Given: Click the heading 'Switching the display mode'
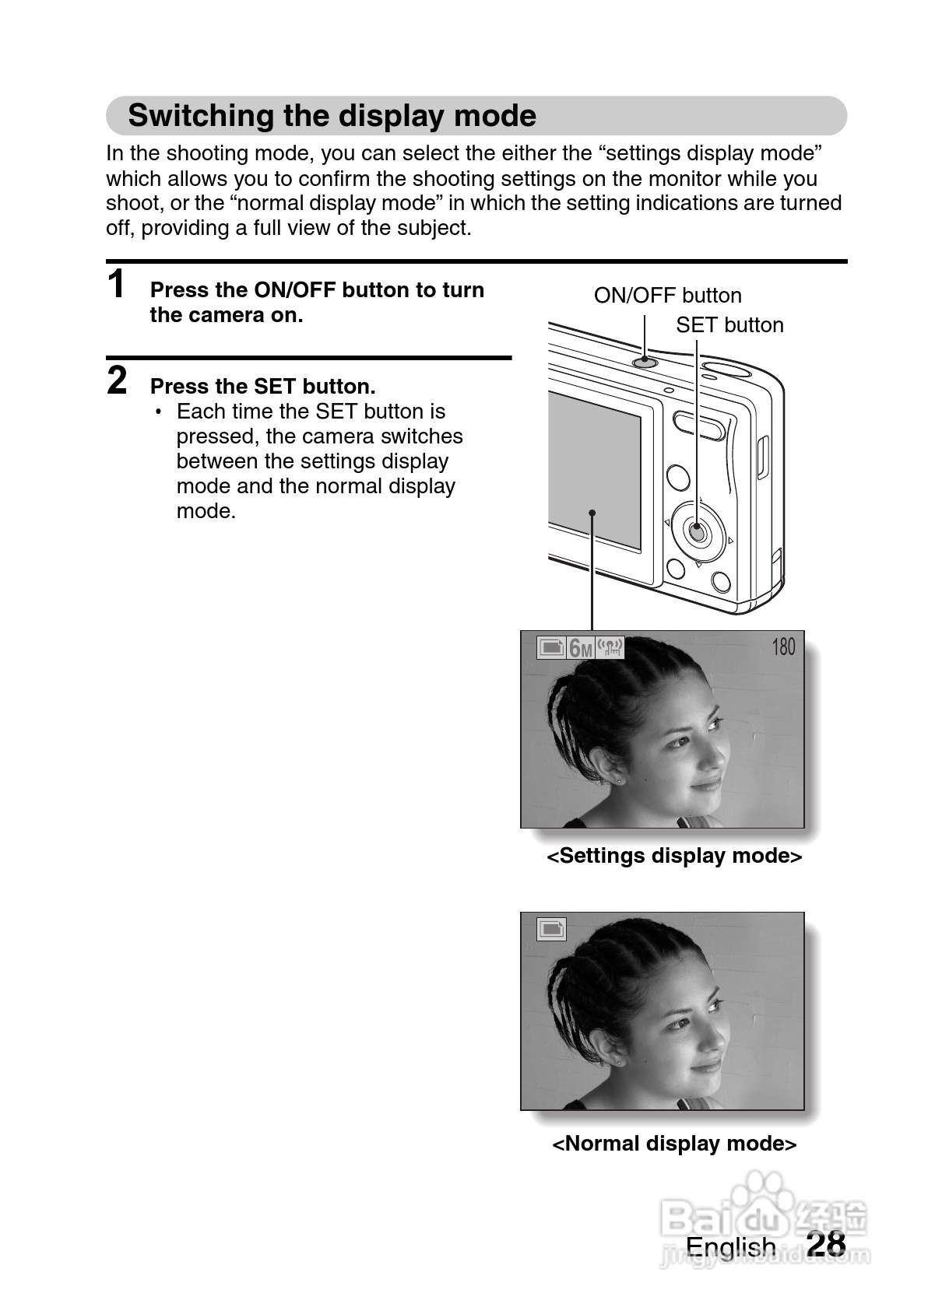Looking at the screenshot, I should (332, 116).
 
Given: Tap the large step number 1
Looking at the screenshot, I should (117, 284).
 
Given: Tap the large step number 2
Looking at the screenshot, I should (117, 380).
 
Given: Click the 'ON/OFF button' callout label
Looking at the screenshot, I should (667, 296).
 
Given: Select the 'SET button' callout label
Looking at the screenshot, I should (729, 325).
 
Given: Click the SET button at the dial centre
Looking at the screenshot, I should (698, 533).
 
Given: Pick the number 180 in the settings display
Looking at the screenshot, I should (783, 646).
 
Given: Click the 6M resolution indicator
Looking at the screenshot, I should (580, 647).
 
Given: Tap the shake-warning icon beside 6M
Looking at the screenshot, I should (610, 647).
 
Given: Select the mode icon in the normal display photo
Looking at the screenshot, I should (551, 929).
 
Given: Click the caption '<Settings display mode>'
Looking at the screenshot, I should (674, 856).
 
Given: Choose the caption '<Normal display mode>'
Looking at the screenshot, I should (674, 1144).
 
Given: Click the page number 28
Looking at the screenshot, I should (826, 1243).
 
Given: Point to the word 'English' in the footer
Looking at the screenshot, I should (730, 1246).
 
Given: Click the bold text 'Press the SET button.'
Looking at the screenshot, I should (262, 387).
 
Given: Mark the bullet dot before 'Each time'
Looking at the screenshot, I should (159, 412).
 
